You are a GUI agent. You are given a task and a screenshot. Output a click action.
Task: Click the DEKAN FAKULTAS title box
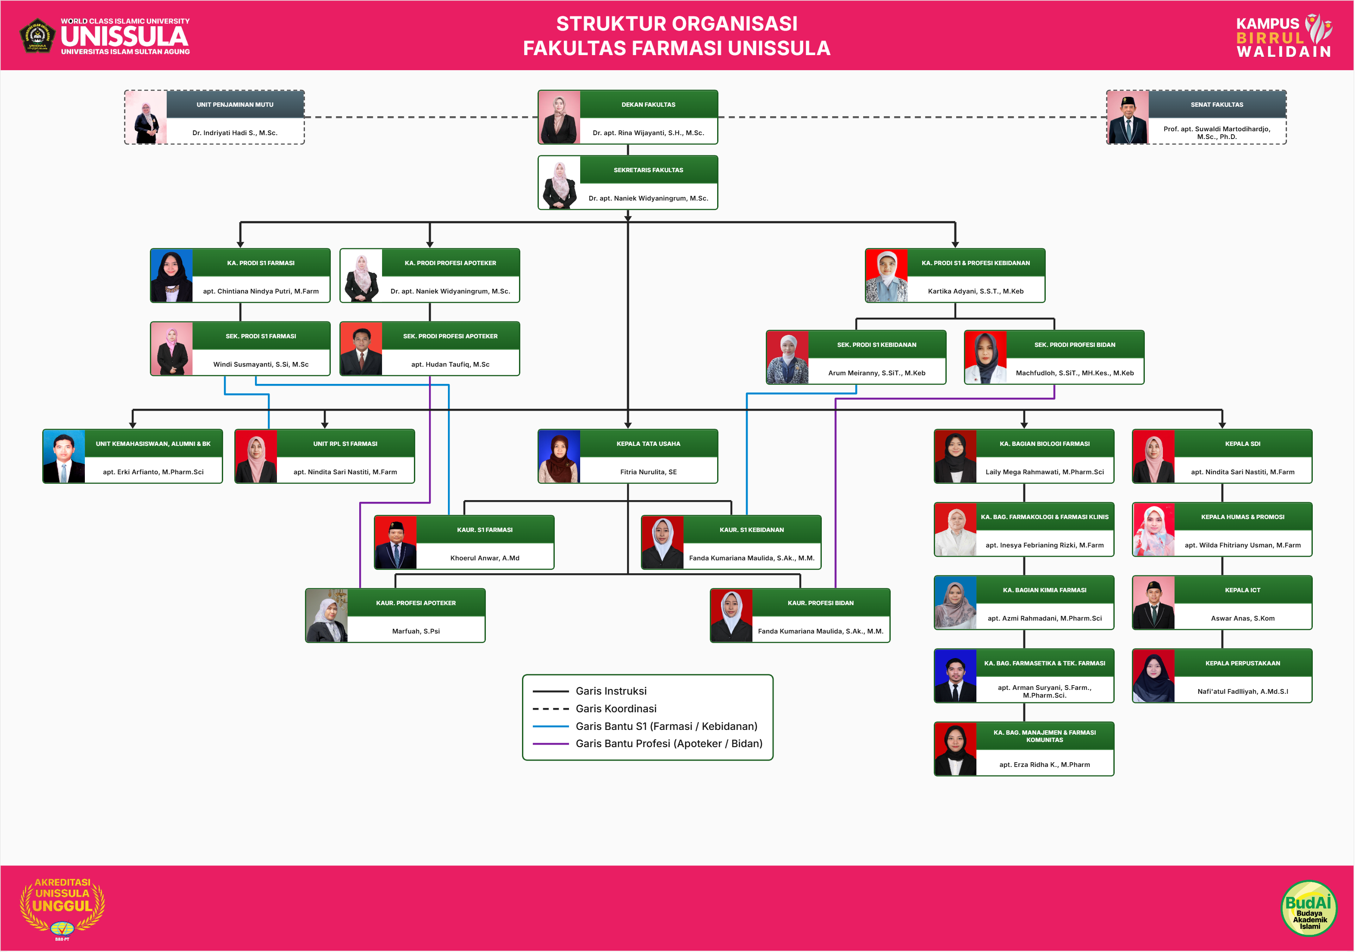click(x=649, y=105)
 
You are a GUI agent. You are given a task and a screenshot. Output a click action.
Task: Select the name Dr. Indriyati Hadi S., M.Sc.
click(x=235, y=133)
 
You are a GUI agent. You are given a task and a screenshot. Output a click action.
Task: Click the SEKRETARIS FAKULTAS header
click(x=649, y=170)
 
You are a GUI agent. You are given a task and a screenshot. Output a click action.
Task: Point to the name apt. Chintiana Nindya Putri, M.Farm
click(x=261, y=291)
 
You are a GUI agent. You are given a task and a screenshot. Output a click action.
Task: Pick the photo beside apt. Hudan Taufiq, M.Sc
click(x=361, y=349)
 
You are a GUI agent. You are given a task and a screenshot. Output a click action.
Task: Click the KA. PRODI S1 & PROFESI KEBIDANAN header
click(x=976, y=263)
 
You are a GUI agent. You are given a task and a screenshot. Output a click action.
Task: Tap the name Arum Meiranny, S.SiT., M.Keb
click(x=876, y=373)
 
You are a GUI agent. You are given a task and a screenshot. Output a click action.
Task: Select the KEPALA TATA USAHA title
click(x=649, y=444)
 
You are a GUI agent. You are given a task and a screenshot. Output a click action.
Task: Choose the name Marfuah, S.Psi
click(x=416, y=631)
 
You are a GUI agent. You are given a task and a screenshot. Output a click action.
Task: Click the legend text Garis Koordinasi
click(x=615, y=708)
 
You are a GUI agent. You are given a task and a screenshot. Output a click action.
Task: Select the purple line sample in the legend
click(x=550, y=744)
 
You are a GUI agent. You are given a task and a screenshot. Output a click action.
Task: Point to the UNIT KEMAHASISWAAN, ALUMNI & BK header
click(x=153, y=444)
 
